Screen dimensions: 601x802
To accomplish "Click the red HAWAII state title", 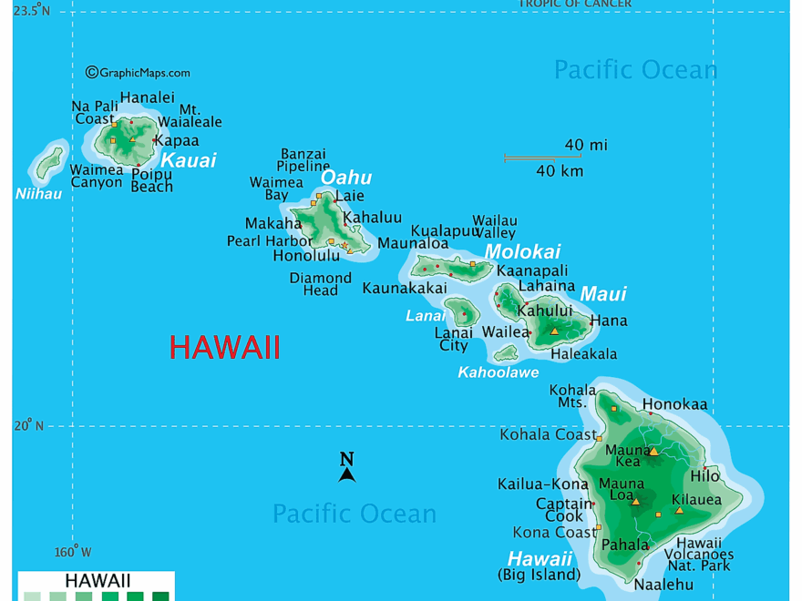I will [x=224, y=348].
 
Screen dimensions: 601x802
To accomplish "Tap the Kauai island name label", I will [x=188, y=161].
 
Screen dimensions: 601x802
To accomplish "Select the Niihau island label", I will [x=38, y=194].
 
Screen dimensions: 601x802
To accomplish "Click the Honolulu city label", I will [x=306, y=256].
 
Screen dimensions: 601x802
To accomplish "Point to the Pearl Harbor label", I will [x=269, y=241].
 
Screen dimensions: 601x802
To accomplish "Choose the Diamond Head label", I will [x=320, y=284].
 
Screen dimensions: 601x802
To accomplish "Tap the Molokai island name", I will [x=522, y=252].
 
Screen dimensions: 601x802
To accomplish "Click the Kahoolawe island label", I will [x=498, y=372].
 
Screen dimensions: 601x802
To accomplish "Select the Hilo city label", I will [x=704, y=476].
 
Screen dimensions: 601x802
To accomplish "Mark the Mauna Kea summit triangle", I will [x=653, y=451].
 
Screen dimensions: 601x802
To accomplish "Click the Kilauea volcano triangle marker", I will [x=679, y=511].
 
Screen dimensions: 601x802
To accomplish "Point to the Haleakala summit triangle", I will [x=554, y=331].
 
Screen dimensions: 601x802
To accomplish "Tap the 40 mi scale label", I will [x=586, y=145].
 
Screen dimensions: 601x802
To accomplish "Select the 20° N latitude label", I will [x=27, y=425].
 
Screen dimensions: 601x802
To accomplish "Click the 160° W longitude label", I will [x=72, y=552].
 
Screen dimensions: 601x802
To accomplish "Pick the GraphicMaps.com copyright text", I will [x=138, y=73].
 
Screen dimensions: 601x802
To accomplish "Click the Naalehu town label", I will [x=663, y=585].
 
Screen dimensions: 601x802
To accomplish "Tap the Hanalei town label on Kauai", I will [x=147, y=98].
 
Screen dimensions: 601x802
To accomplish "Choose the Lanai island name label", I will [x=425, y=316].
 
